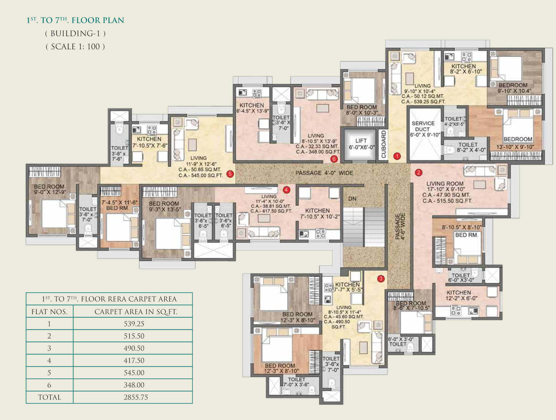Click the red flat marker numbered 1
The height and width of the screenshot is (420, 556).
click(x=397, y=156)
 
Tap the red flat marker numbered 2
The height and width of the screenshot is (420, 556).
click(x=419, y=173)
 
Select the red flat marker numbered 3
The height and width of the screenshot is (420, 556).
click(x=381, y=278)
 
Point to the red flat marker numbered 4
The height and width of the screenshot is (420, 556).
click(x=286, y=190)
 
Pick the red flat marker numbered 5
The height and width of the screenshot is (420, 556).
click(x=230, y=174)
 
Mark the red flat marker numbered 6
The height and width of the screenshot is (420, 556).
click(x=334, y=159)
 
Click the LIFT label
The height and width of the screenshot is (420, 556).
click(x=361, y=141)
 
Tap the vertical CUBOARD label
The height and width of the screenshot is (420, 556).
click(x=384, y=144)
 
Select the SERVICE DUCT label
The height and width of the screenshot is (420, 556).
click(x=423, y=126)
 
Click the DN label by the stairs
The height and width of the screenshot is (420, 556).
click(x=352, y=199)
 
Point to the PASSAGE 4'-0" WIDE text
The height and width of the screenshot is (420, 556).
click(x=324, y=173)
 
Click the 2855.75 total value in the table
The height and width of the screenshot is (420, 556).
click(x=136, y=397)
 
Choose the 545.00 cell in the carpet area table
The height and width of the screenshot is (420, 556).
click(x=134, y=373)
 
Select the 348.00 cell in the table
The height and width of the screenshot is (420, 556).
click(x=134, y=385)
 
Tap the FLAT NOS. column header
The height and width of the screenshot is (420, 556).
click(x=50, y=312)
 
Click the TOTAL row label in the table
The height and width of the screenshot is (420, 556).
click(x=50, y=397)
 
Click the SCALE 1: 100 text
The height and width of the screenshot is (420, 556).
click(x=75, y=47)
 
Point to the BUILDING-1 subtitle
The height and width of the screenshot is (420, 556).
click(x=75, y=34)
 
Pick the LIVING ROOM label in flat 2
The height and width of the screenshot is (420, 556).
click(x=445, y=184)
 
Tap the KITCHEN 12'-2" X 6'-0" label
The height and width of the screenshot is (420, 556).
click(x=461, y=295)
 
